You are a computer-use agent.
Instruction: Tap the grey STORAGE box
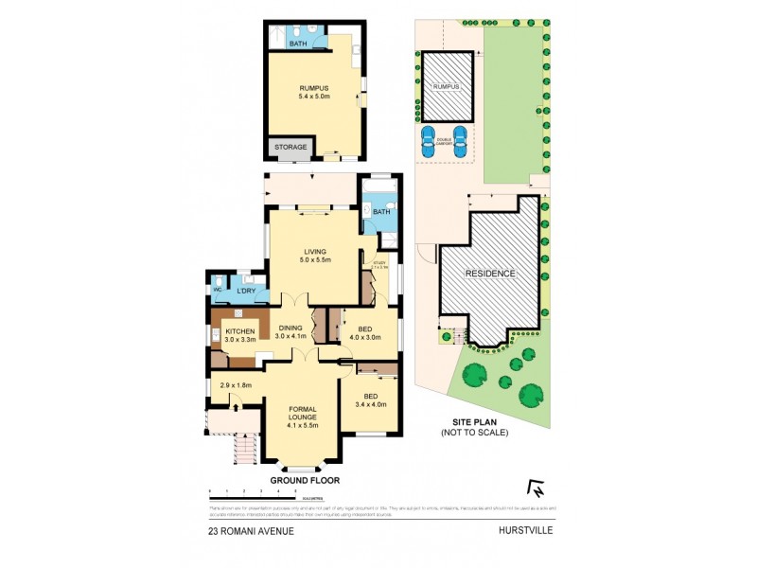(x=290, y=148)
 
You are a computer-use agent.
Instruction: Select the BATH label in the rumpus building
(x=298, y=44)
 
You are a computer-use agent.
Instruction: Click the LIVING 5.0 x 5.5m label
(x=313, y=256)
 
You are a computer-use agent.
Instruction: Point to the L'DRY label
(x=246, y=291)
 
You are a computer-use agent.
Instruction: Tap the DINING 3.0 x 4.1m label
(x=291, y=332)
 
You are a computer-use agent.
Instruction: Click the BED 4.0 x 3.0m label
(x=364, y=332)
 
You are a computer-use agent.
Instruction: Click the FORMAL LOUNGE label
(x=303, y=415)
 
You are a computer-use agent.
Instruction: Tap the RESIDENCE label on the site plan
(x=489, y=274)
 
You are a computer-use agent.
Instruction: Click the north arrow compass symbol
(x=538, y=488)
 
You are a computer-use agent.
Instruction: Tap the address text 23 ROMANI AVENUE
(x=252, y=531)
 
